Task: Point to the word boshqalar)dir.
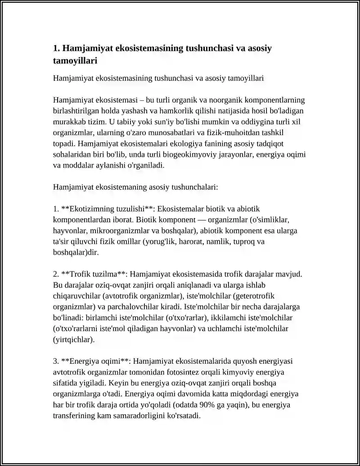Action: pyautogui.click(x=76, y=252)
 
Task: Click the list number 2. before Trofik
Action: pyautogui.click(x=56, y=274)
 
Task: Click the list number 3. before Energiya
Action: pyautogui.click(x=56, y=361)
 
